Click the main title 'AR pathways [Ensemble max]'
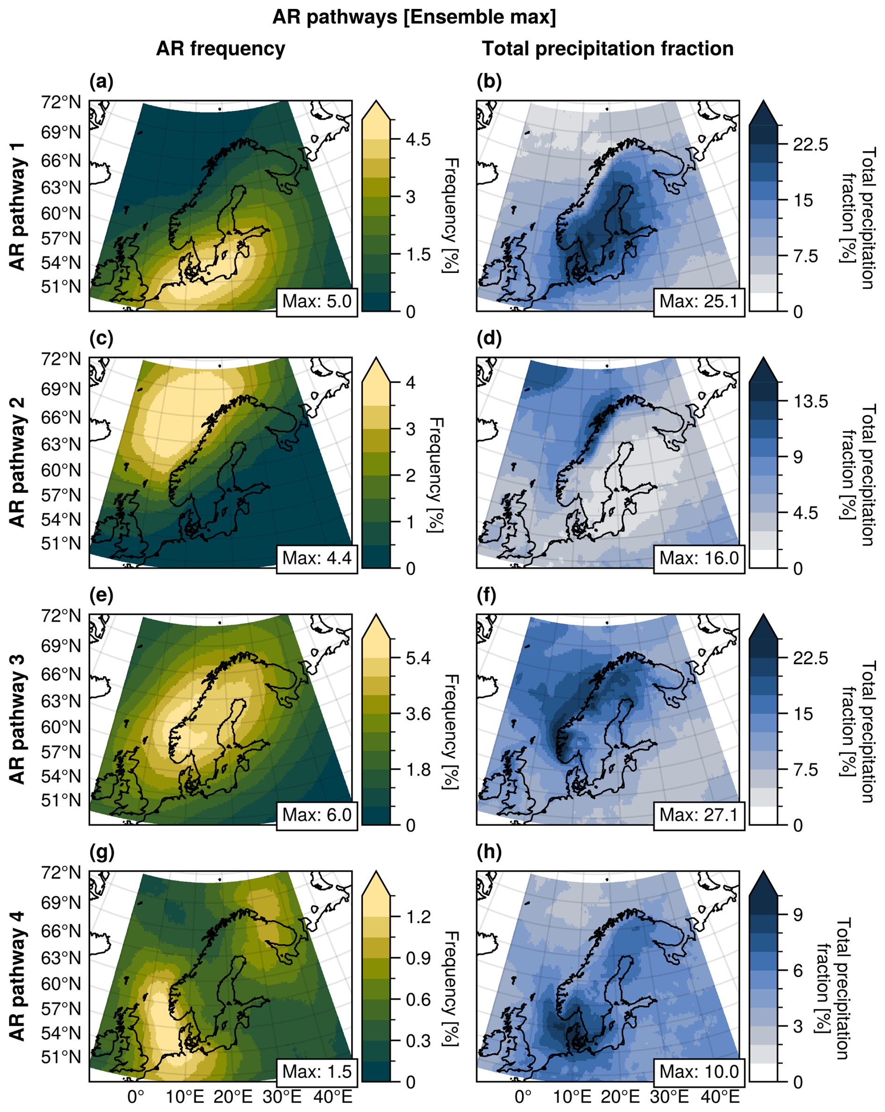point(414,17)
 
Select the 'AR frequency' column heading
point(221,49)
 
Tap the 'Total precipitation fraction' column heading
point(607,49)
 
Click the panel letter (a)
point(101,81)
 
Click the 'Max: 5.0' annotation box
point(317,300)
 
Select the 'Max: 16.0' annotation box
point(699,557)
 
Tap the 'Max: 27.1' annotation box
point(699,814)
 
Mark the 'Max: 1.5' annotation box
point(317,1071)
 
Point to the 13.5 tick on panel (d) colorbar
point(810,401)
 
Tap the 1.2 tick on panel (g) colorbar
point(418,917)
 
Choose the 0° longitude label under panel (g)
point(136,1097)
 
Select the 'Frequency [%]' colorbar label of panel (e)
point(450,732)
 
